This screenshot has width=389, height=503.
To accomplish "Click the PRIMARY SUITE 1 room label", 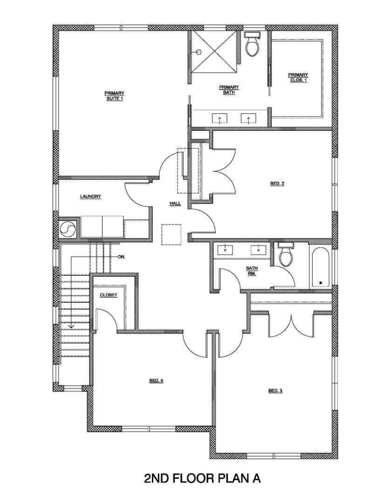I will (114, 96).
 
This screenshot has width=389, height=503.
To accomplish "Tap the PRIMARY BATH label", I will (228, 89).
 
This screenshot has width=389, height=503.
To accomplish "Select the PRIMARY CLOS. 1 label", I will (298, 77).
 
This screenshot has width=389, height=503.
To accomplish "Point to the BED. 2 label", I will (277, 184).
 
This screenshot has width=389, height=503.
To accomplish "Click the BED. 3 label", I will (275, 391).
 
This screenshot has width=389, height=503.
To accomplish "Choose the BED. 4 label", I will (156, 381).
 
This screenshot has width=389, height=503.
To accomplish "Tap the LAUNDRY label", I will (90, 197).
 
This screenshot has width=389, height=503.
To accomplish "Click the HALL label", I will (175, 204).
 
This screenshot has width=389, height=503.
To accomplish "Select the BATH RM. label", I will (252, 271).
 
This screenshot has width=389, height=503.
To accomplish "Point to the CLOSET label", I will (109, 295).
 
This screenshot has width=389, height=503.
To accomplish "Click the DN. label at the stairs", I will (122, 257).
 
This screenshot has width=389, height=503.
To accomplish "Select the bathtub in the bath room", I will (321, 267).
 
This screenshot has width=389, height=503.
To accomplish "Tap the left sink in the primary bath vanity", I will (219, 119).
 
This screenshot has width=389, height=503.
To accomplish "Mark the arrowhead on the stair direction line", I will (71, 326).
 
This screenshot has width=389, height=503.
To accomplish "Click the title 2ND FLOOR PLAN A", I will (202, 478).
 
